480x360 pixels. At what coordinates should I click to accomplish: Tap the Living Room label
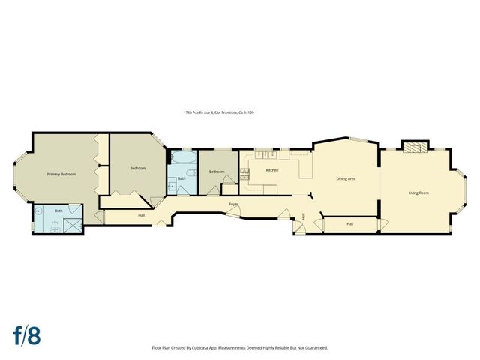(x=418, y=193)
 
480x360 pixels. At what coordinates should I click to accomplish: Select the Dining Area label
(x=346, y=178)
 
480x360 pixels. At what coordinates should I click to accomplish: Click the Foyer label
(x=234, y=203)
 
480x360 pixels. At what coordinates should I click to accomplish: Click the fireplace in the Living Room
(x=415, y=147)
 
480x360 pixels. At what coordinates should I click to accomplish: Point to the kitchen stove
(x=244, y=174)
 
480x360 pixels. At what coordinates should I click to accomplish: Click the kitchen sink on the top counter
(x=264, y=155)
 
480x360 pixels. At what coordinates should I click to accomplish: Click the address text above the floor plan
(x=219, y=112)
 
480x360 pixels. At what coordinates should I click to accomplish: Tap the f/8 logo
(x=25, y=335)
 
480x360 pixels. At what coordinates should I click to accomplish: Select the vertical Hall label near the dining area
(x=304, y=217)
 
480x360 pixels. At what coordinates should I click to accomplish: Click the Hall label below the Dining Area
(x=349, y=223)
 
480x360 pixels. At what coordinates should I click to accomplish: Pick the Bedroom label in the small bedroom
(x=217, y=172)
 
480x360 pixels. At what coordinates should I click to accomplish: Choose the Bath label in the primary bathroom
(x=58, y=211)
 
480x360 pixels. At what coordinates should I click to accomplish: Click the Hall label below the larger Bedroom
(x=141, y=216)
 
